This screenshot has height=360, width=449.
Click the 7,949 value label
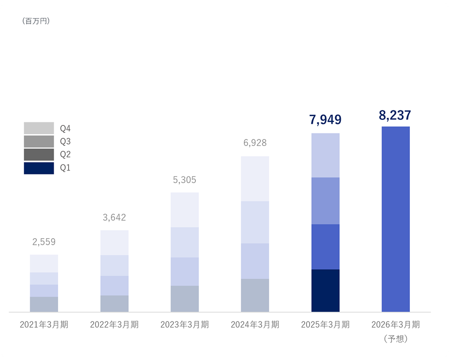pyautogui.click(x=325, y=120)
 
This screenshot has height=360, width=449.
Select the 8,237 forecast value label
pyautogui.click(x=395, y=115)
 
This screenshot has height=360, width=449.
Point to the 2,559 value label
pyautogui.click(x=44, y=242)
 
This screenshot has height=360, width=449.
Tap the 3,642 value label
pyautogui.click(x=114, y=218)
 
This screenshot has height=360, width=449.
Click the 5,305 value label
pyautogui.click(x=184, y=180)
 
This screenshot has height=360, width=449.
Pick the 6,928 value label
pyautogui.click(x=255, y=143)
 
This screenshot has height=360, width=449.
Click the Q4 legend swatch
pyautogui.click(x=39, y=128)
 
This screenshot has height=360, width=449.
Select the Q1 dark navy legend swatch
pyautogui.click(x=39, y=168)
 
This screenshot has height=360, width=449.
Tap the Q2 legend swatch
pyautogui.click(x=39, y=154)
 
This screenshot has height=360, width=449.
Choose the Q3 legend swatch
pyautogui.click(x=39, y=141)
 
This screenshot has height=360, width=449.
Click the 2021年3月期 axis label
pyautogui.click(x=44, y=324)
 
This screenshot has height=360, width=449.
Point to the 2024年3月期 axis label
pyautogui.click(x=255, y=324)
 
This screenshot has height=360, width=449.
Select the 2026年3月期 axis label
pyautogui.click(x=396, y=324)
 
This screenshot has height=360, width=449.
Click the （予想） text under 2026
pyautogui.click(x=396, y=339)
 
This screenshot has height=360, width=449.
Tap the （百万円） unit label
pyautogui.click(x=36, y=21)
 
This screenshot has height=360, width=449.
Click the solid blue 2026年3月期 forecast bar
pyautogui.click(x=395, y=219)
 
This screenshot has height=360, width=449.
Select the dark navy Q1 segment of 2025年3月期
pyautogui.click(x=325, y=290)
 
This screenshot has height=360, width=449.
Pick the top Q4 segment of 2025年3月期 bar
pyautogui.click(x=325, y=155)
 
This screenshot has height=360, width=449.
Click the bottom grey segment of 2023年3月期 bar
pyautogui.click(x=184, y=299)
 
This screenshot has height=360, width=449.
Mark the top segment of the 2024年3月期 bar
pyautogui.click(x=255, y=178)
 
